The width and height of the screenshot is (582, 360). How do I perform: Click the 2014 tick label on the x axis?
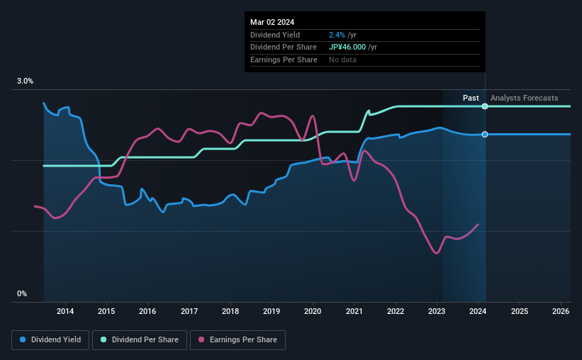pyautogui.click(x=65, y=311)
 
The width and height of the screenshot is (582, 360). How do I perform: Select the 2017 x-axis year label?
pyautogui.click(x=189, y=311)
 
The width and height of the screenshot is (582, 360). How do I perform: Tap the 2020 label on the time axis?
pyautogui.click(x=313, y=311)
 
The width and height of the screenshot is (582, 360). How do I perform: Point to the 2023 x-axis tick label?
pyautogui.click(x=437, y=311)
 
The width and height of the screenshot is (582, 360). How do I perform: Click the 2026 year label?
pyautogui.click(x=560, y=311)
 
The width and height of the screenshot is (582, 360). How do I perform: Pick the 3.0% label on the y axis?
pyautogui.click(x=25, y=81)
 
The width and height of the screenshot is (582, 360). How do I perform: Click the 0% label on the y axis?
pyautogui.click(x=21, y=293)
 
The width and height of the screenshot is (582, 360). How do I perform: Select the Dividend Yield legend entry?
pyautogui.click(x=49, y=340)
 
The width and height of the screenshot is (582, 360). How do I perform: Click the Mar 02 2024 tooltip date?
pyautogui.click(x=272, y=22)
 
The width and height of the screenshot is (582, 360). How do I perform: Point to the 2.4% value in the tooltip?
pyautogui.click(x=337, y=35)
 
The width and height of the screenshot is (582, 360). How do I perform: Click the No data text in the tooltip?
pyautogui.click(x=342, y=60)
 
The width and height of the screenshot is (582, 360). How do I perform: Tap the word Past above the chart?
pyautogui.click(x=471, y=98)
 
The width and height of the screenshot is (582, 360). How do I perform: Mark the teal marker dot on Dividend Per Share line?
pyautogui.click(x=485, y=106)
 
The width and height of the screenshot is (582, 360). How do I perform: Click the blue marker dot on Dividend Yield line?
pyautogui.click(x=485, y=134)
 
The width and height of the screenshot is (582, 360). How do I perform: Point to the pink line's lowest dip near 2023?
pyautogui.click(x=437, y=253)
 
